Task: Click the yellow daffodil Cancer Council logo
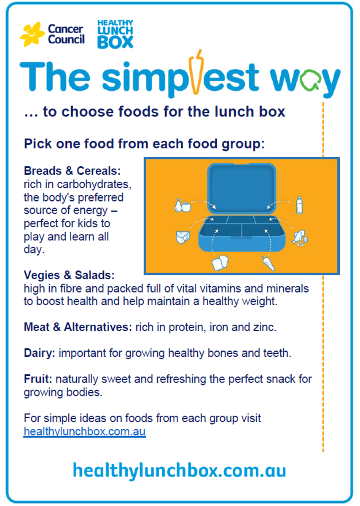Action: pyautogui.click(x=32, y=34)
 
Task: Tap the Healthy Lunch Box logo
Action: pyautogui.click(x=115, y=34)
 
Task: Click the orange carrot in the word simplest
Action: pyautogui.click(x=196, y=72)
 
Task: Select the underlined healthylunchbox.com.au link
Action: pyautogui.click(x=85, y=432)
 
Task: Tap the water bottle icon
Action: pyautogui.click(x=299, y=205)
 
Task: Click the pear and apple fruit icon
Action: pyautogui.click(x=183, y=205)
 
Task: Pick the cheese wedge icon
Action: pyautogui.click(x=183, y=237)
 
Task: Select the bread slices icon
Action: pyautogui.click(x=220, y=263)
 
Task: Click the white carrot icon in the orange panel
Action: pyautogui.click(x=268, y=263)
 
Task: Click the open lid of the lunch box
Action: pyautogui.click(x=242, y=188)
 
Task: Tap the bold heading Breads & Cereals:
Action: pyautogui.click(x=72, y=171)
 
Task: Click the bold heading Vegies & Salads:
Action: pyautogui.click(x=69, y=275)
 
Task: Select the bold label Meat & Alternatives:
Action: pyautogui.click(x=78, y=327)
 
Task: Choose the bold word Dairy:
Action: pyautogui.click(x=40, y=353)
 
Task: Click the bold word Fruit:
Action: pyautogui.click(x=38, y=379)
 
